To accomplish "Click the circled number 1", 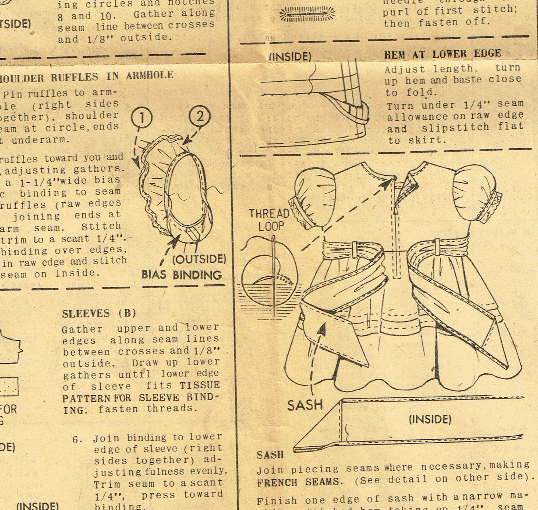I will [142, 117].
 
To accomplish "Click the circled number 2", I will [200, 116].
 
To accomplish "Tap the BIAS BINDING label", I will [182, 275].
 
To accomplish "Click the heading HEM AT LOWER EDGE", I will [443, 54].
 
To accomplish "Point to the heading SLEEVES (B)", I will [99, 313].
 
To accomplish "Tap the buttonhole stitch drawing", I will [307, 14].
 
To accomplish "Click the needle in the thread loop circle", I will [274, 272].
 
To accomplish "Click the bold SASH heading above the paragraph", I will [270, 455].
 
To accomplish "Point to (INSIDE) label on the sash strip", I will [430, 419].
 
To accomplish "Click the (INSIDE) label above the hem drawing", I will [290, 57].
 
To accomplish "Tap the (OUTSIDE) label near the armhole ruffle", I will [199, 259].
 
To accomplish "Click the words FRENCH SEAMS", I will [298, 483].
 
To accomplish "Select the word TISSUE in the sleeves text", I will [200, 385].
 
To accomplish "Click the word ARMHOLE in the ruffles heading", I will [150, 75].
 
